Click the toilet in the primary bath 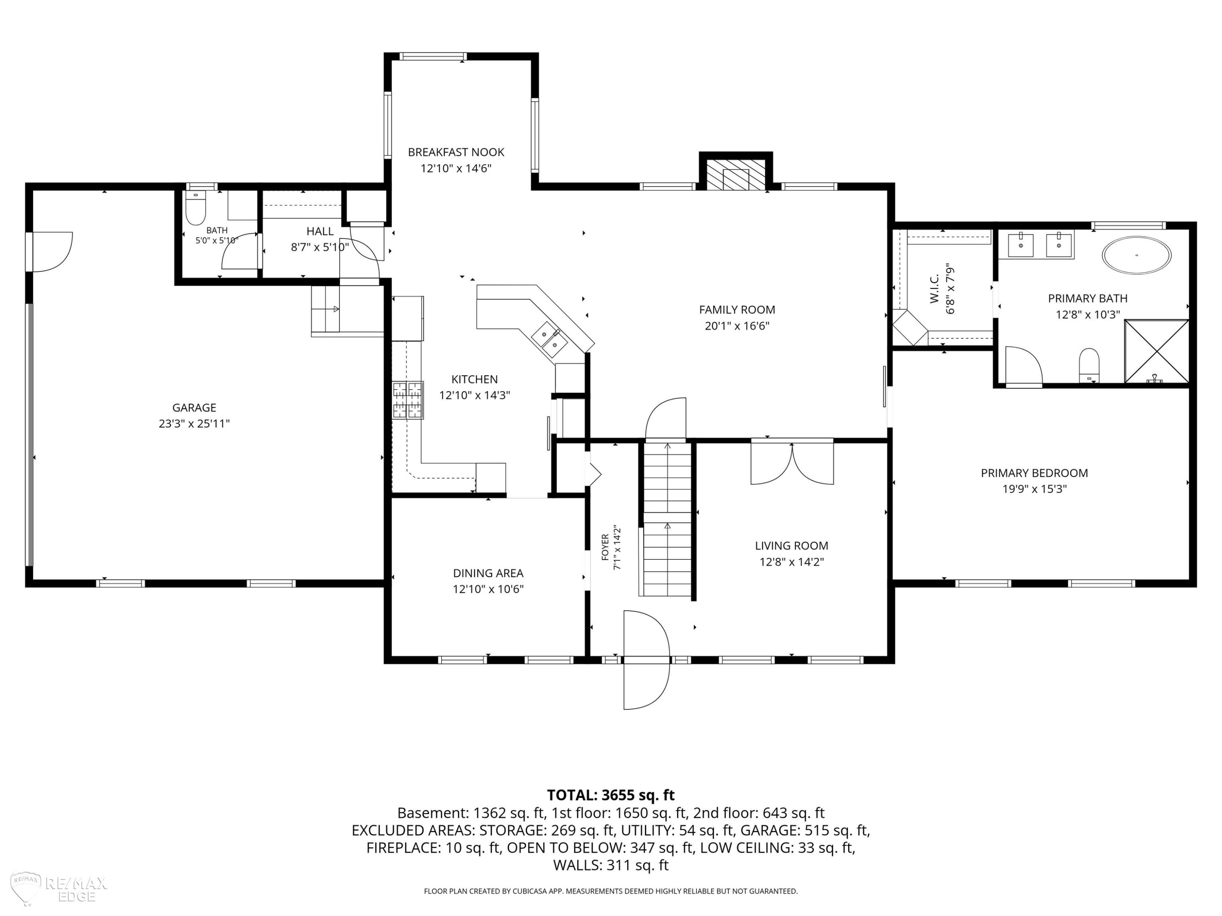(x=1089, y=365)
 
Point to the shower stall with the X (x=1156, y=351)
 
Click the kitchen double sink (x=549, y=340)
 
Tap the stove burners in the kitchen (x=408, y=400)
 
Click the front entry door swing (x=646, y=659)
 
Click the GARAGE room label (x=194, y=408)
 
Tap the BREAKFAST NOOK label (x=456, y=152)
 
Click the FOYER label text (x=605, y=547)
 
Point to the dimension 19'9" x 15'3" (x=1034, y=489)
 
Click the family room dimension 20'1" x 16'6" (x=737, y=326)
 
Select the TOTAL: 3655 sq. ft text (x=611, y=795)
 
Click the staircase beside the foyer (x=667, y=519)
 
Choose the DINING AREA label (x=488, y=573)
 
